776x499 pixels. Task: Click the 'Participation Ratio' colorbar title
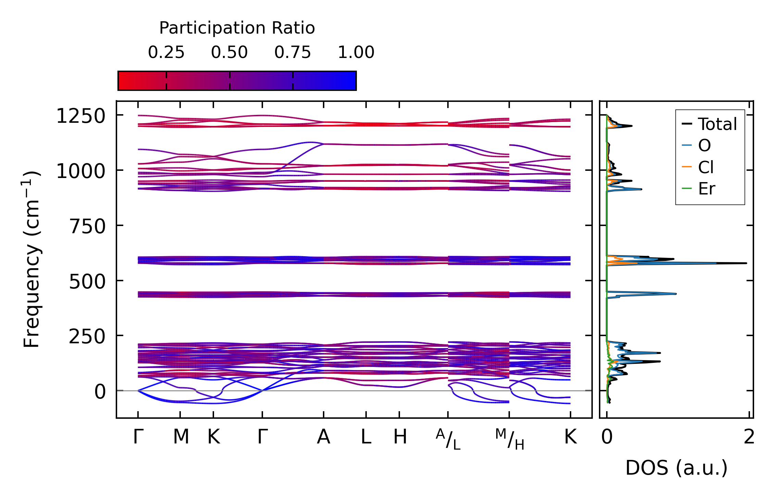(237, 28)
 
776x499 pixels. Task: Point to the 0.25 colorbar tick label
(166, 52)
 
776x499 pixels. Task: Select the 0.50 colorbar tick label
(229, 52)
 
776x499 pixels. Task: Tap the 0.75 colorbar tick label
(292, 52)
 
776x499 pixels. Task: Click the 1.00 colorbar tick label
(356, 52)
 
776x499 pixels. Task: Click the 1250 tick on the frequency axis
(81, 116)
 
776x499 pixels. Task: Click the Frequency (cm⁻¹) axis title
(32, 259)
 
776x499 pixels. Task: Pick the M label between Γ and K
(181, 437)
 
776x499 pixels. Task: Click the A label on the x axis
(323, 437)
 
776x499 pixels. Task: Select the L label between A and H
(366, 437)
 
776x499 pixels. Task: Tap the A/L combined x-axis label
(448, 439)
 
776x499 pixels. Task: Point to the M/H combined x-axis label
(509, 439)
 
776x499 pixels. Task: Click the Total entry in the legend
(717, 124)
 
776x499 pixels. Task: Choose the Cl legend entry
(706, 167)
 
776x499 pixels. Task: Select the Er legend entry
(706, 189)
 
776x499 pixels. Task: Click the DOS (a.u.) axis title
(676, 468)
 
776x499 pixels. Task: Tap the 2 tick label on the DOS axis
(749, 437)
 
